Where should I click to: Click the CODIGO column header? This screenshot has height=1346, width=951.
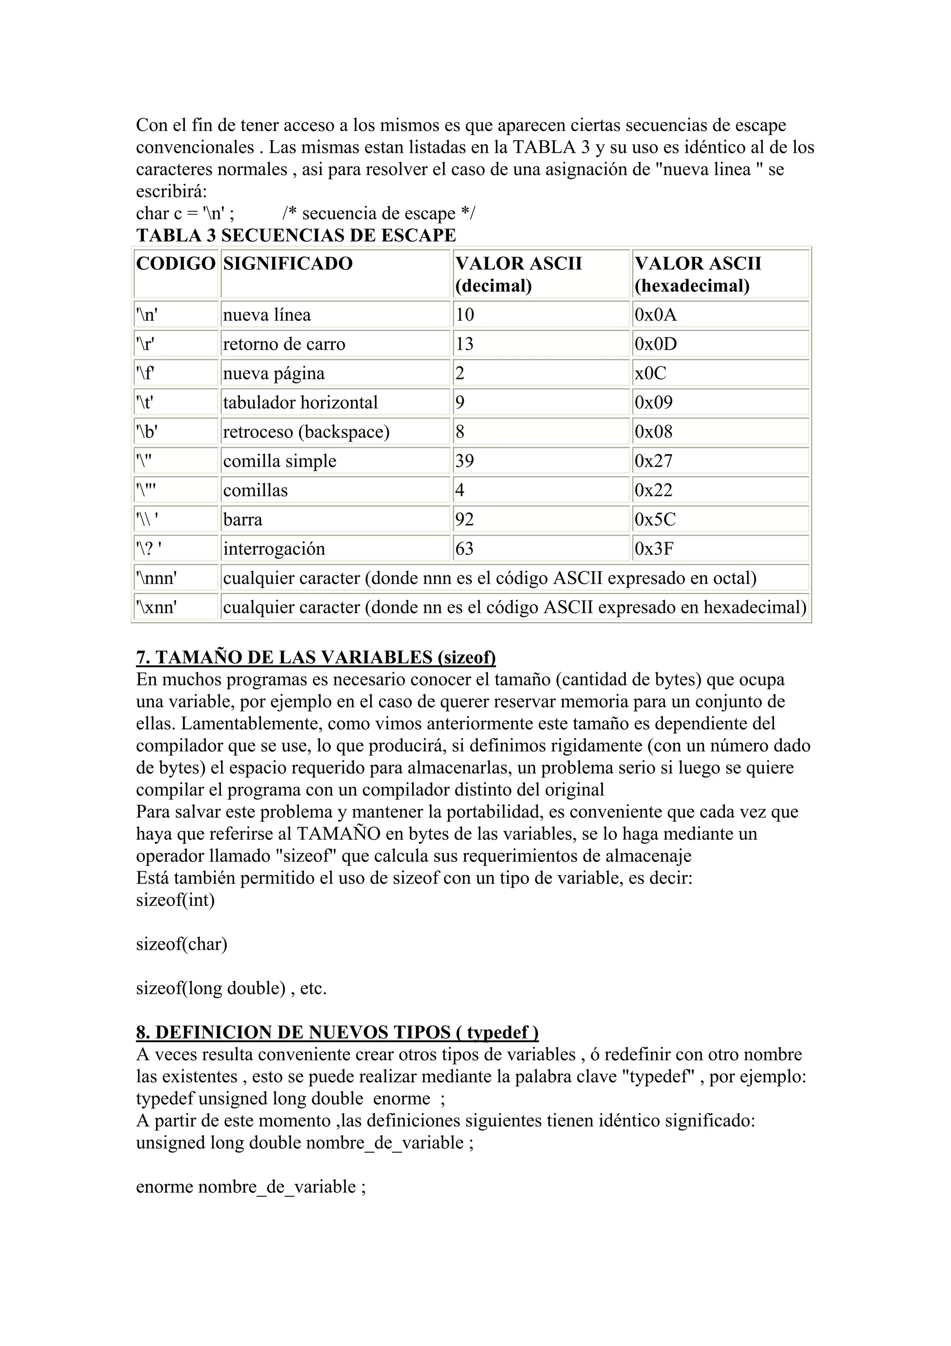pos(176,263)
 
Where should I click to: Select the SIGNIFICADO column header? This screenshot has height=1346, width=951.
pos(288,263)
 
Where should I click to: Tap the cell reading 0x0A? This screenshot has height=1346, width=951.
pos(655,315)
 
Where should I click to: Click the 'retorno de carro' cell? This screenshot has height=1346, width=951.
pos(284,344)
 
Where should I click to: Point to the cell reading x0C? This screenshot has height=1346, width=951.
pos(651,373)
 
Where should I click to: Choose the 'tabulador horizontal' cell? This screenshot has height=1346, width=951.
pos(300,403)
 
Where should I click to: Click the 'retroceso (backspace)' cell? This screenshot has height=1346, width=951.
pos(306,432)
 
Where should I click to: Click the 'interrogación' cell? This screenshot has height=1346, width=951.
pos(274,549)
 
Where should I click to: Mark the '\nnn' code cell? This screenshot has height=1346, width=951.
pos(156,578)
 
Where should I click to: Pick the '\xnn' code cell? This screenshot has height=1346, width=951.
pos(156,608)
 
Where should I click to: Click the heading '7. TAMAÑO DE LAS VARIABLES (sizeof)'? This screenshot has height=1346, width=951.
pos(316,658)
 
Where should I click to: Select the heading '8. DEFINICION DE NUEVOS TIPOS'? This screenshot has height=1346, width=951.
pos(337,1032)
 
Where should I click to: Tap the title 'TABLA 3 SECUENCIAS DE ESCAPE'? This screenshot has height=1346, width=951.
pos(296,235)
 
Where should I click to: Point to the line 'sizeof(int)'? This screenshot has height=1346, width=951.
pos(175,900)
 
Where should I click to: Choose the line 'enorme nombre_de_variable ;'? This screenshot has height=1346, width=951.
pos(251,1187)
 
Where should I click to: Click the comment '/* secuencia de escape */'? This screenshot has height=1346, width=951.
pos(378,213)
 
